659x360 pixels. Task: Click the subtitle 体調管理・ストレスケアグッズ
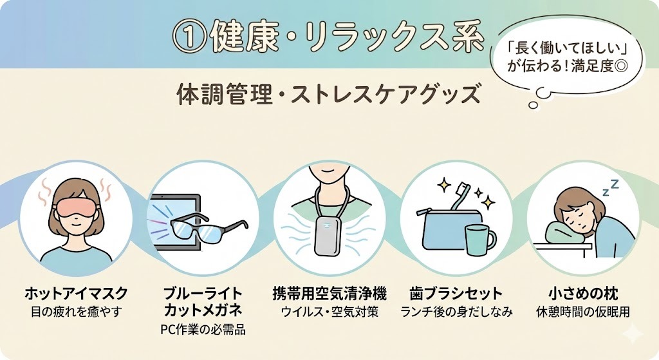328,94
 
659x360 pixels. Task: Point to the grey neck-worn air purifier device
329,236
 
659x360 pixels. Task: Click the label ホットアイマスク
76,294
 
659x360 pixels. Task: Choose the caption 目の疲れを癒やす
76,312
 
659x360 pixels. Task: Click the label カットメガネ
203,312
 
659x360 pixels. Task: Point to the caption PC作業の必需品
203,330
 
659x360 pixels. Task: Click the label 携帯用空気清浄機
329,294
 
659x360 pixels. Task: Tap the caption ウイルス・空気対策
329,312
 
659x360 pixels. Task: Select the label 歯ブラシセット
456,294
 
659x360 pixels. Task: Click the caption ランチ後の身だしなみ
456,312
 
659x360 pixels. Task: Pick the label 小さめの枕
583,294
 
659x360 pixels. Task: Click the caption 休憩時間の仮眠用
583,312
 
